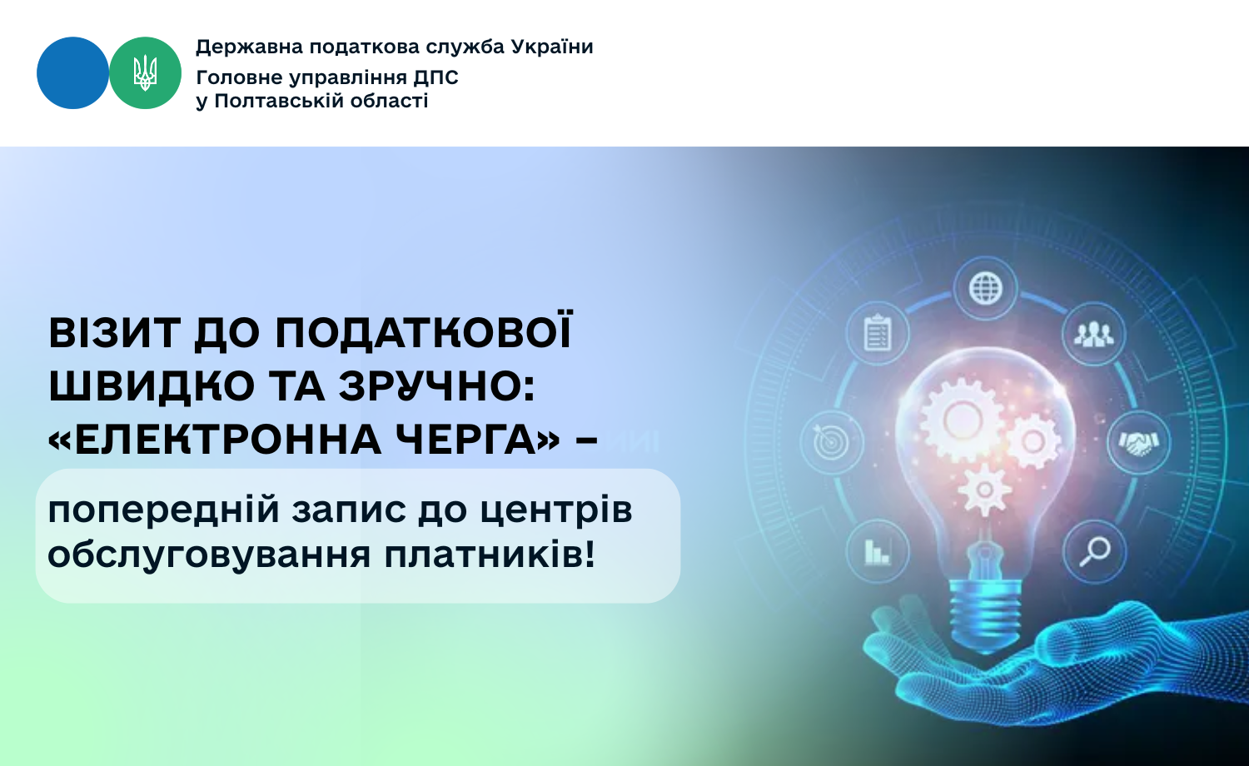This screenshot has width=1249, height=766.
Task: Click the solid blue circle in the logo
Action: [72, 73]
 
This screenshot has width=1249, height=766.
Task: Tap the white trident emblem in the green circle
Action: [145, 73]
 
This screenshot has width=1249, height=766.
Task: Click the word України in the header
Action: [552, 47]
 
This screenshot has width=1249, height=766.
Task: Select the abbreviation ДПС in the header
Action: [435, 77]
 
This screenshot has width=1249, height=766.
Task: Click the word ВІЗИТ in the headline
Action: [115, 333]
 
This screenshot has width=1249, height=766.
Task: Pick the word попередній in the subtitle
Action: [163, 510]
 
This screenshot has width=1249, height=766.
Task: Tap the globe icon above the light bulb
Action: [985, 288]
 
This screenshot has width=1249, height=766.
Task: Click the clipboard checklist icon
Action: [878, 333]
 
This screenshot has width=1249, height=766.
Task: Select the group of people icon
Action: [1093, 334]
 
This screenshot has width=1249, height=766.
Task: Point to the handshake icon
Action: [1138, 443]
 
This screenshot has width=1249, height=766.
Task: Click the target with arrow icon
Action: [830, 442]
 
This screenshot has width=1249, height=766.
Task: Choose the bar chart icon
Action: [877, 551]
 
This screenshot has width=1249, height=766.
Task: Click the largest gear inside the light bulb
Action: [962, 420]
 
